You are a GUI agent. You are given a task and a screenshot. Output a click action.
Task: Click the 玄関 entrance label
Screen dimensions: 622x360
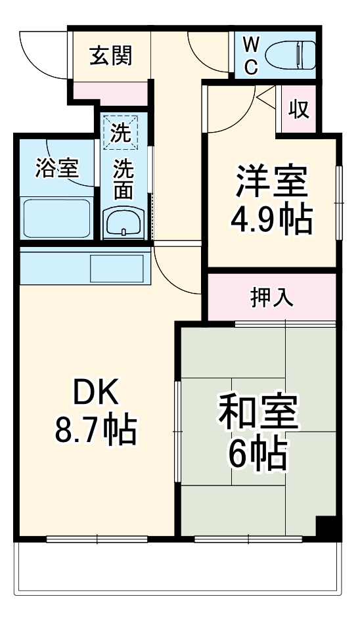(x=110, y=56)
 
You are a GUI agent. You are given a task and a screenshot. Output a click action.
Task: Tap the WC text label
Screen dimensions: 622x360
(x=252, y=56)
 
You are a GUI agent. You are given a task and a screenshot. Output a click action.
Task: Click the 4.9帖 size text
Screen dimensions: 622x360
(x=271, y=221)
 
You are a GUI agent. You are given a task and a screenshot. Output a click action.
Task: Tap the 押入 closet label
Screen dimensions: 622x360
(x=271, y=298)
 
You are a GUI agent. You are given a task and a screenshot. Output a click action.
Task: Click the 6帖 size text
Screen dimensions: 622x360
(x=258, y=453)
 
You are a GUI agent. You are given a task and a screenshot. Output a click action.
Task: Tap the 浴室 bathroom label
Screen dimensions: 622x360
(x=57, y=169)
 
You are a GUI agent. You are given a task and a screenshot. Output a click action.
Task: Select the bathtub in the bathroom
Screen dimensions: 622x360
(x=56, y=218)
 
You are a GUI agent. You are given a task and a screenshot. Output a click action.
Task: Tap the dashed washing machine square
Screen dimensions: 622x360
(x=120, y=133)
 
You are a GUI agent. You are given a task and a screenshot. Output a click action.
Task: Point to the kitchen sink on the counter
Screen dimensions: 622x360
(x=116, y=269)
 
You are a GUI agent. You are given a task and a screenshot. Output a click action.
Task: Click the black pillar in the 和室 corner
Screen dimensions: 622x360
(x=326, y=525)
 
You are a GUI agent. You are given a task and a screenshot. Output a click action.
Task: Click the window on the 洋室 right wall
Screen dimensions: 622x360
(x=339, y=203)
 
